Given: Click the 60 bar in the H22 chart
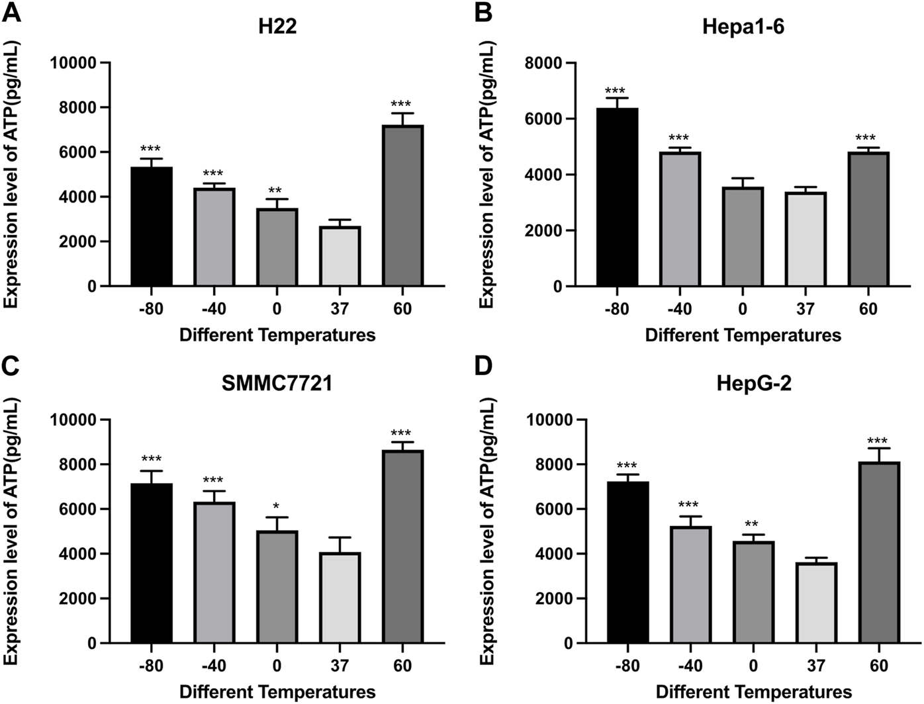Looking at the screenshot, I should [x=402, y=206].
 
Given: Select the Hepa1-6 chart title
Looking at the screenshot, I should [x=743, y=27].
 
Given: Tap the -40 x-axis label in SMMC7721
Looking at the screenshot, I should [x=213, y=665].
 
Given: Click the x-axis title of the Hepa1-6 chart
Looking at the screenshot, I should [x=743, y=335].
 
